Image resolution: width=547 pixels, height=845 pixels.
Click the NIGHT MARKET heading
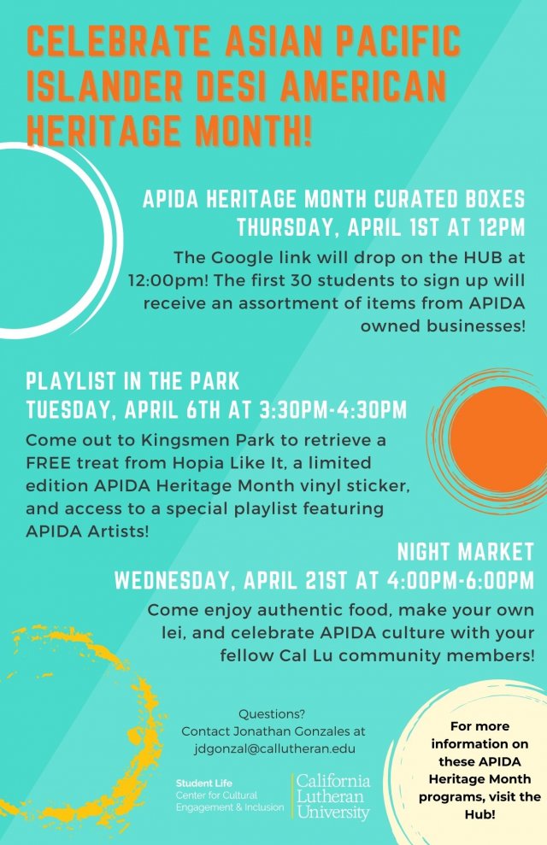point(465,551)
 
